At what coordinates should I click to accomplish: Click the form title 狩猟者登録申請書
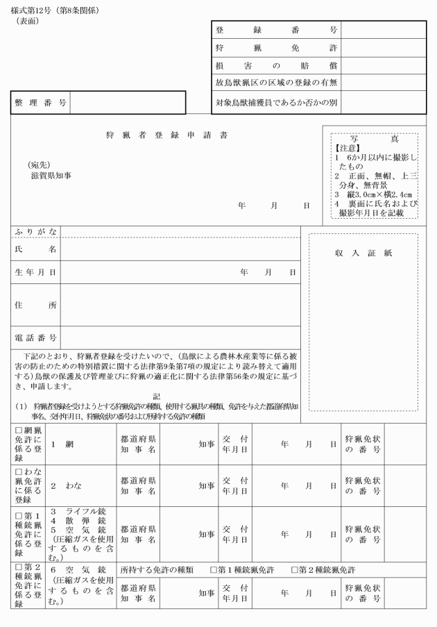coord(165,135)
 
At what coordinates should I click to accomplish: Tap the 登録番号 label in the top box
coord(276,31)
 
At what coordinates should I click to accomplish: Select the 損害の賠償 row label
coord(276,66)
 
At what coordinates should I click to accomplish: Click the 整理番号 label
coord(41,103)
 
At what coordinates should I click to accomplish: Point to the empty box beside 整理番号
coord(128,103)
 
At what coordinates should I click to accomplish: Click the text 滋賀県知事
coord(46,176)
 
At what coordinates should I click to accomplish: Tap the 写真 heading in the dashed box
coord(375,139)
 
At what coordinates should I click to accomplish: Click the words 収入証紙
coord(363,253)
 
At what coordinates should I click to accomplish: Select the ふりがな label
coord(36,231)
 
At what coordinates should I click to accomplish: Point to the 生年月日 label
coord(36,272)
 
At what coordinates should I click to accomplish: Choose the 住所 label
coord(36,304)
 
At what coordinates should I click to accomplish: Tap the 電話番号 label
coord(36,337)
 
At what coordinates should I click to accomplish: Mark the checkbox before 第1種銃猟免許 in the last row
coord(214,569)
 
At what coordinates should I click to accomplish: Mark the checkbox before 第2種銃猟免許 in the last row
coord(295,569)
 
